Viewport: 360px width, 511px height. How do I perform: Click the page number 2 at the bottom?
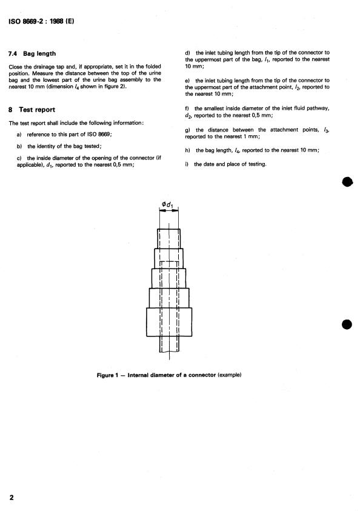click(12, 497)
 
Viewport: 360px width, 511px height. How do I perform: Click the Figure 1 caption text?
click(170, 374)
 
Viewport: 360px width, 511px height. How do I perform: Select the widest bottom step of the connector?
click(169, 322)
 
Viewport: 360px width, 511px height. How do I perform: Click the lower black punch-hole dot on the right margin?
click(347, 324)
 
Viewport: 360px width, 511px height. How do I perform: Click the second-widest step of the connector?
click(169, 298)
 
